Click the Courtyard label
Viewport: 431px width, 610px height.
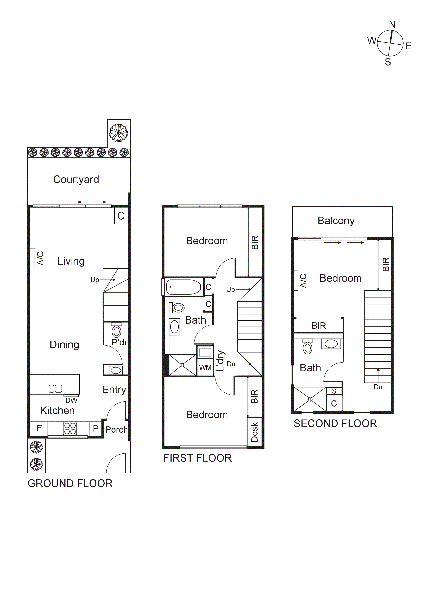(76, 180)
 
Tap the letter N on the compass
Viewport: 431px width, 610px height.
(392, 24)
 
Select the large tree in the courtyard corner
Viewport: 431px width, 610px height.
(118, 133)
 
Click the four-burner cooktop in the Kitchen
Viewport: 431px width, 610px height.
(70, 429)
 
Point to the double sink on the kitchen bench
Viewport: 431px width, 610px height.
(55, 389)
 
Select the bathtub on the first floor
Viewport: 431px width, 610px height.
(183, 287)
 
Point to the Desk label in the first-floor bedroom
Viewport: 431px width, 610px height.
(254, 432)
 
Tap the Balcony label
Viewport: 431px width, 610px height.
(336, 221)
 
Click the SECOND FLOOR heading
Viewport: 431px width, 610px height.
(335, 423)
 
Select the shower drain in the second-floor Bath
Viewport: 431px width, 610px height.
(310, 399)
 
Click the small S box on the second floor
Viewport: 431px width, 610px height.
(334, 391)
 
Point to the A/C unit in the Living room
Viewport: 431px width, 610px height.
(32, 258)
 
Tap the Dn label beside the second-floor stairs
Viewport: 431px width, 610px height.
(378, 387)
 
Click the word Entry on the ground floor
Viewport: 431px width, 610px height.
(114, 390)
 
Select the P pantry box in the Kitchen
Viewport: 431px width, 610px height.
(96, 428)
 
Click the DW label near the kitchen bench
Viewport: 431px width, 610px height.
(71, 400)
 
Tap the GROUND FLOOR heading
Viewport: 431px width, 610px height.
(70, 483)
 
